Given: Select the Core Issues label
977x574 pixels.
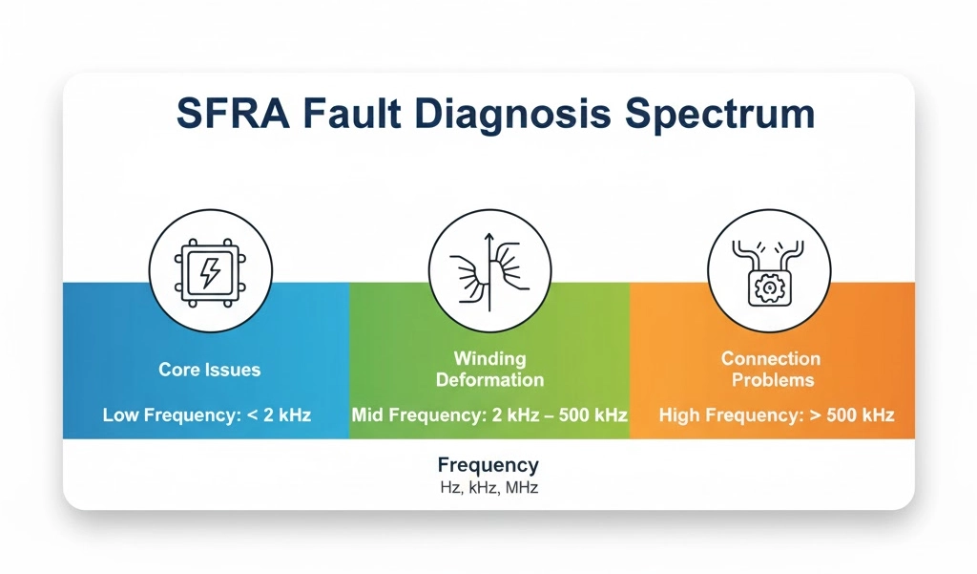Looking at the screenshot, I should click(x=209, y=370).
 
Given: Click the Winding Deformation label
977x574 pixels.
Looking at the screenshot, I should click(x=489, y=369).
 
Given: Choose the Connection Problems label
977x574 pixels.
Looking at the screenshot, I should click(x=770, y=369).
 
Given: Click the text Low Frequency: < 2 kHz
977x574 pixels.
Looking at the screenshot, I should click(x=208, y=416).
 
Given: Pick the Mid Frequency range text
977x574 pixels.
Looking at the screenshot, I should click(x=489, y=416).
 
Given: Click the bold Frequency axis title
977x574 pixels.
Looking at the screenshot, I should click(x=488, y=465).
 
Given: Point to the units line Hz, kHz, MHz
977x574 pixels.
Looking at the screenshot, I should click(x=488, y=487).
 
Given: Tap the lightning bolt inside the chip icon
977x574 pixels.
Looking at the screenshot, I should click(x=209, y=273).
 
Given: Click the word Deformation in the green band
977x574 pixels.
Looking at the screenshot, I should click(x=489, y=379).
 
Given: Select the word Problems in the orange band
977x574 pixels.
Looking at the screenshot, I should click(x=770, y=379).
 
